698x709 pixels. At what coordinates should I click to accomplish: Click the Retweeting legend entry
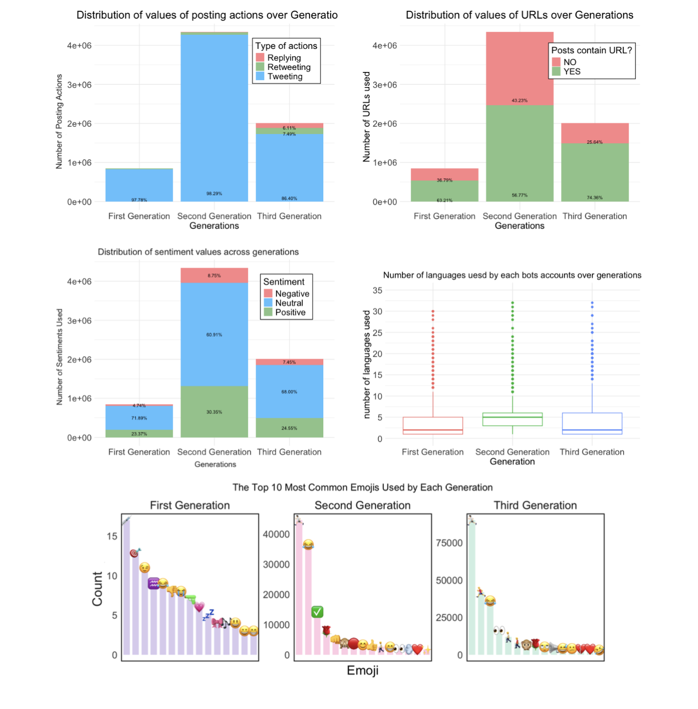289,67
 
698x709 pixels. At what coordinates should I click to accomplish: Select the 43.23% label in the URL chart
519,100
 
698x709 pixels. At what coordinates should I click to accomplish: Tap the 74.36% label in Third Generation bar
594,198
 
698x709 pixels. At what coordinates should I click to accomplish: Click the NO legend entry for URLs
569,62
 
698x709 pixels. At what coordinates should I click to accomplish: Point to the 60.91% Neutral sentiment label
214,335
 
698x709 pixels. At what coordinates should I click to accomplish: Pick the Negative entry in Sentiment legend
292,294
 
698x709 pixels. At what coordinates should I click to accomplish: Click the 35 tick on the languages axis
377,291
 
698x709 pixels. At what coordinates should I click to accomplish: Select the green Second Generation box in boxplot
512,419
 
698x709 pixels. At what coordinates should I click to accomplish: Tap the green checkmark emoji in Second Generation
317,612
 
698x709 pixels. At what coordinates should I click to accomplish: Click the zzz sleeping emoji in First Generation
209,615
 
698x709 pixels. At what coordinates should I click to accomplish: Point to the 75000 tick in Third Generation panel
449,543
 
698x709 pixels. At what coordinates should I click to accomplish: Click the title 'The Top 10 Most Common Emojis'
362,487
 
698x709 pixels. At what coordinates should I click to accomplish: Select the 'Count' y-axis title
97,589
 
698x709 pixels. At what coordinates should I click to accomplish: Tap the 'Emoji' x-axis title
362,670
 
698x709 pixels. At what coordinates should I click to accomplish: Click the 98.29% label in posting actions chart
214,194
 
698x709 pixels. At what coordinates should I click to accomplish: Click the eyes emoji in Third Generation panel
499,630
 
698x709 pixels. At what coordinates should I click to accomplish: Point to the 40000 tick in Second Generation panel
276,534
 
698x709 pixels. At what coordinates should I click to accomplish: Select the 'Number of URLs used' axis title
366,117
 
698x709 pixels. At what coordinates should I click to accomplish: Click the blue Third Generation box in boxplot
592,423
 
